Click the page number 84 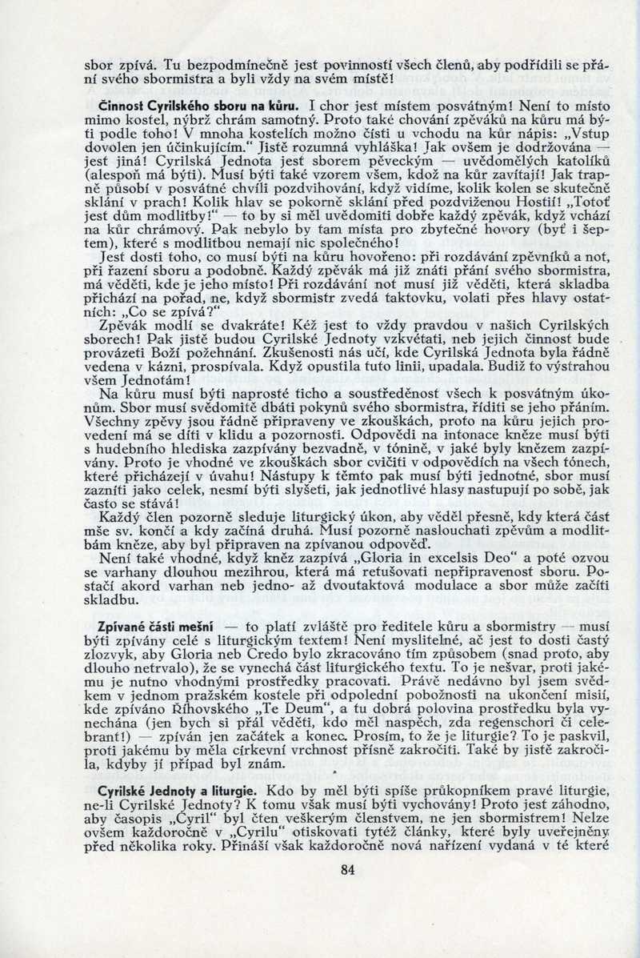[x=346, y=871]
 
